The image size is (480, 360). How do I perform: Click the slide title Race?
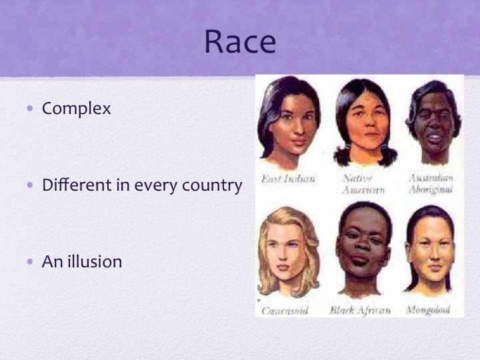click(239, 42)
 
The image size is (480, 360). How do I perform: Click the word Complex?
click(76, 108)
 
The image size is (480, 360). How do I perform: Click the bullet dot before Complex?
click(29, 108)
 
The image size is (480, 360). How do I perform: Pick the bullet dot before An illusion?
click(29, 261)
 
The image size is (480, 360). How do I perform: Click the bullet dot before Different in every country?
click(29, 185)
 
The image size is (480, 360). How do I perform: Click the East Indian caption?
click(288, 179)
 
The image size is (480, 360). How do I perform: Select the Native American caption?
click(363, 184)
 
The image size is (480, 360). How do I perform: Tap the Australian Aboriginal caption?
click(431, 184)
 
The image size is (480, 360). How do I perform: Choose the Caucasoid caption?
click(285, 311)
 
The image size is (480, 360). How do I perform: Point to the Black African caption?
click(360, 311)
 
